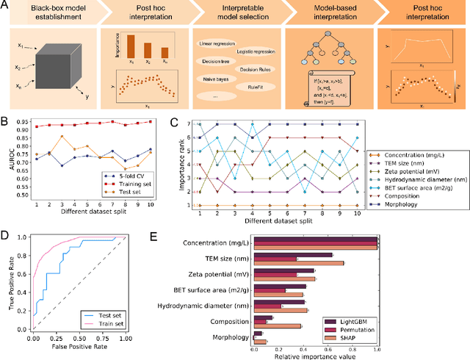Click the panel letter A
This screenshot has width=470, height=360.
point(5,5)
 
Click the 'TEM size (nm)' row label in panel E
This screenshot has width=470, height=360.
point(222,259)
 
